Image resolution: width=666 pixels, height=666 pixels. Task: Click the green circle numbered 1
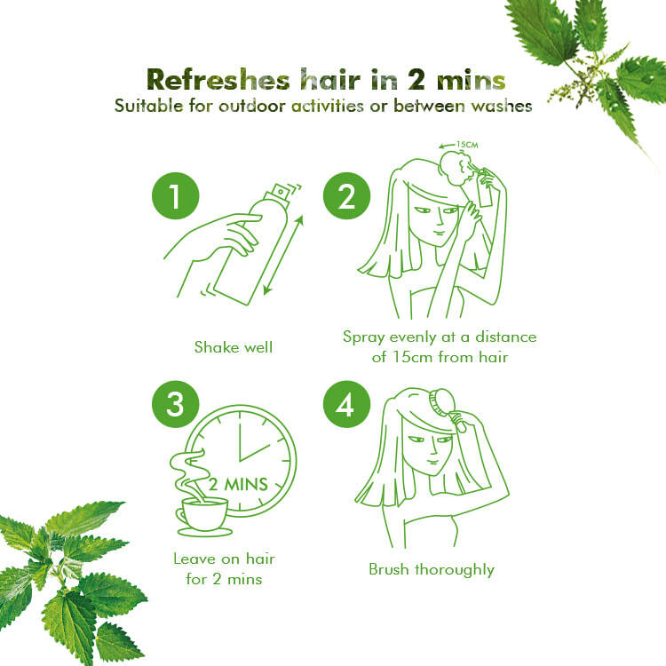(176, 196)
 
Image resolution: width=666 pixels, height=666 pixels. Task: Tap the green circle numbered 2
(346, 196)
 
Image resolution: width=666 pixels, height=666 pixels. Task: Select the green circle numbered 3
(176, 404)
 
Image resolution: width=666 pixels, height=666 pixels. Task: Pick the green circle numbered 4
(346, 404)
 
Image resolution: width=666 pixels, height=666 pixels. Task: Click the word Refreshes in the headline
(218, 79)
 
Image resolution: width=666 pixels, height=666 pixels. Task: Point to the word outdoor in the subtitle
(251, 106)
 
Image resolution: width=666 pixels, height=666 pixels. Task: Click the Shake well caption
(234, 347)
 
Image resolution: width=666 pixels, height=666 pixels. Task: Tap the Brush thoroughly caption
(432, 569)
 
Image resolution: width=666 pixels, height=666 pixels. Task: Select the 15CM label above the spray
(467, 145)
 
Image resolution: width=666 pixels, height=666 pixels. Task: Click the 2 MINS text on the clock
(238, 484)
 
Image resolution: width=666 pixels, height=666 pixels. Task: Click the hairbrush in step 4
(447, 408)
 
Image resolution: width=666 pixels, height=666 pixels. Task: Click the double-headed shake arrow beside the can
(283, 255)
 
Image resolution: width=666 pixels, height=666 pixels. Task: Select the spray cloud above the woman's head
(455, 168)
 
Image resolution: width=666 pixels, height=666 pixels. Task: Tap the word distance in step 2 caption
(506, 337)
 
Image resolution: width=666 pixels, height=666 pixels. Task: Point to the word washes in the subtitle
(502, 106)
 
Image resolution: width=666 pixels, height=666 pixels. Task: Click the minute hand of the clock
(240, 436)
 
